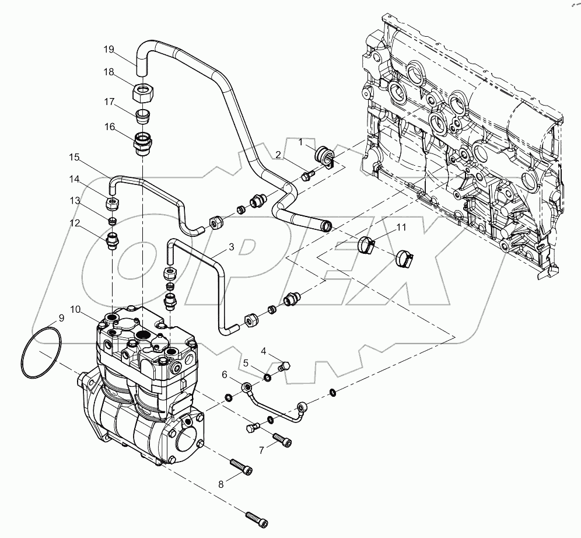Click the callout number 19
pos(108,50)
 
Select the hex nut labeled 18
pos(142,92)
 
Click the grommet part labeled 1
pos(323,156)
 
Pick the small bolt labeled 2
pos(308,173)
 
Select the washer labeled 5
pos(267,377)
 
